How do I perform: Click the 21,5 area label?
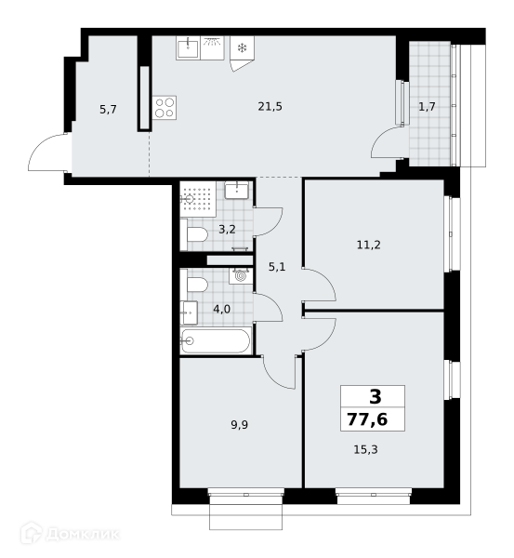click(x=270, y=106)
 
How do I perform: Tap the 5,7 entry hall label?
click(x=108, y=109)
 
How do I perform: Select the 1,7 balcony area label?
click(x=427, y=106)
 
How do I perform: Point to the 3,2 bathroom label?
click(x=227, y=230)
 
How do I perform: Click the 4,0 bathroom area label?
click(x=221, y=310)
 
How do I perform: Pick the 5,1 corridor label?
click(x=277, y=267)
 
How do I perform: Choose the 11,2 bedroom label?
click(x=368, y=245)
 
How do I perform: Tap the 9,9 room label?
click(x=240, y=425)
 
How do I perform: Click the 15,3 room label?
click(x=365, y=449)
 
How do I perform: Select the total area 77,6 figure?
click(x=367, y=419)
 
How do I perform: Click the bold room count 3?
click(x=376, y=396)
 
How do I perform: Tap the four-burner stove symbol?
click(x=165, y=108)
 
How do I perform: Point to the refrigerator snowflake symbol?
click(x=242, y=47)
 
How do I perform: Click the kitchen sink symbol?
click(x=188, y=48)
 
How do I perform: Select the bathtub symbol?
click(x=216, y=341)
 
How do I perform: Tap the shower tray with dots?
click(x=198, y=199)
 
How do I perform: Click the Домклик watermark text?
click(x=83, y=534)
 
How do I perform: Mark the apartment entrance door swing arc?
click(x=38, y=144)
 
